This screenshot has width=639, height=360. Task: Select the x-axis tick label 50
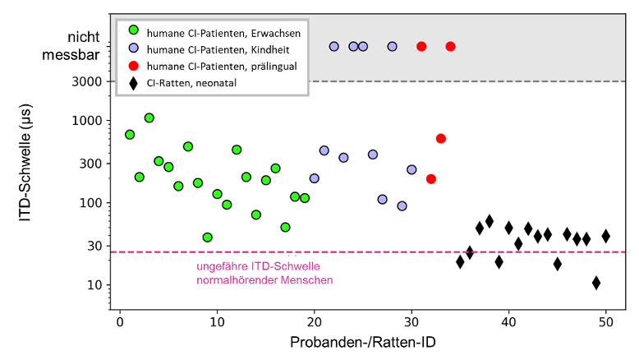(x=606, y=321)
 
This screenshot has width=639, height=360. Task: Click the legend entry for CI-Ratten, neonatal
(x=194, y=82)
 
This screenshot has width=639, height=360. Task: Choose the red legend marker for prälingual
(x=133, y=65)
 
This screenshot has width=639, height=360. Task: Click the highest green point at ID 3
(x=149, y=118)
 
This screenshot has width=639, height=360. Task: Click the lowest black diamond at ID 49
(x=596, y=283)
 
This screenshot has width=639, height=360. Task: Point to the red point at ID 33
(x=441, y=138)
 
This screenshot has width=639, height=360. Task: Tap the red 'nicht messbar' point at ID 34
(x=451, y=46)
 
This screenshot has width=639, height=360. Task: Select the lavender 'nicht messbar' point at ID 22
(x=334, y=46)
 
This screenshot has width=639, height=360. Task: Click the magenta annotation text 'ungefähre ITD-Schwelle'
(x=258, y=266)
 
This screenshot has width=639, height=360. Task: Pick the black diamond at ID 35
(x=460, y=261)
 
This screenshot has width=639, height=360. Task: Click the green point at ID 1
(x=130, y=134)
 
